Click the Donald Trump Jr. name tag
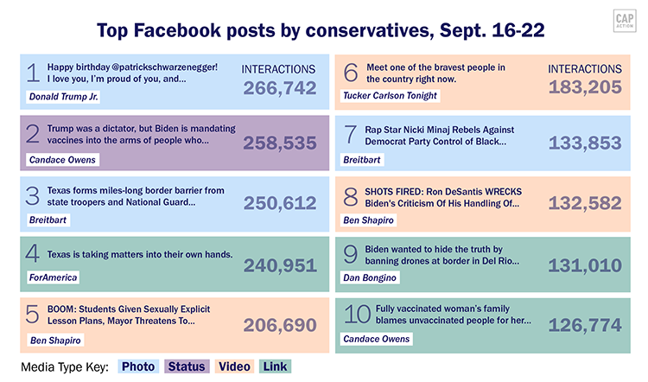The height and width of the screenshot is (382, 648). coord(60,96)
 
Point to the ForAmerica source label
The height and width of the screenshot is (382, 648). coord(53,277)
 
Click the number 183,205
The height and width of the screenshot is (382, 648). coord(585,87)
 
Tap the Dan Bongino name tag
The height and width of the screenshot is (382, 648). coord(371,277)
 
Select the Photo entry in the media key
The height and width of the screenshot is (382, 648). coord(138,366)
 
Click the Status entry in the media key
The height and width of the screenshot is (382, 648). coord(187,366)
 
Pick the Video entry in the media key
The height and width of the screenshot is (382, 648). coord(234,366)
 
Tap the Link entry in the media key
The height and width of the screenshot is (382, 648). coord(276,366)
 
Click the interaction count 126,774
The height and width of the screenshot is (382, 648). coord(585,327)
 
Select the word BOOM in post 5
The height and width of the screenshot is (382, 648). coord(62,309)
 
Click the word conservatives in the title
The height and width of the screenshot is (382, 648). coord(363,31)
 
